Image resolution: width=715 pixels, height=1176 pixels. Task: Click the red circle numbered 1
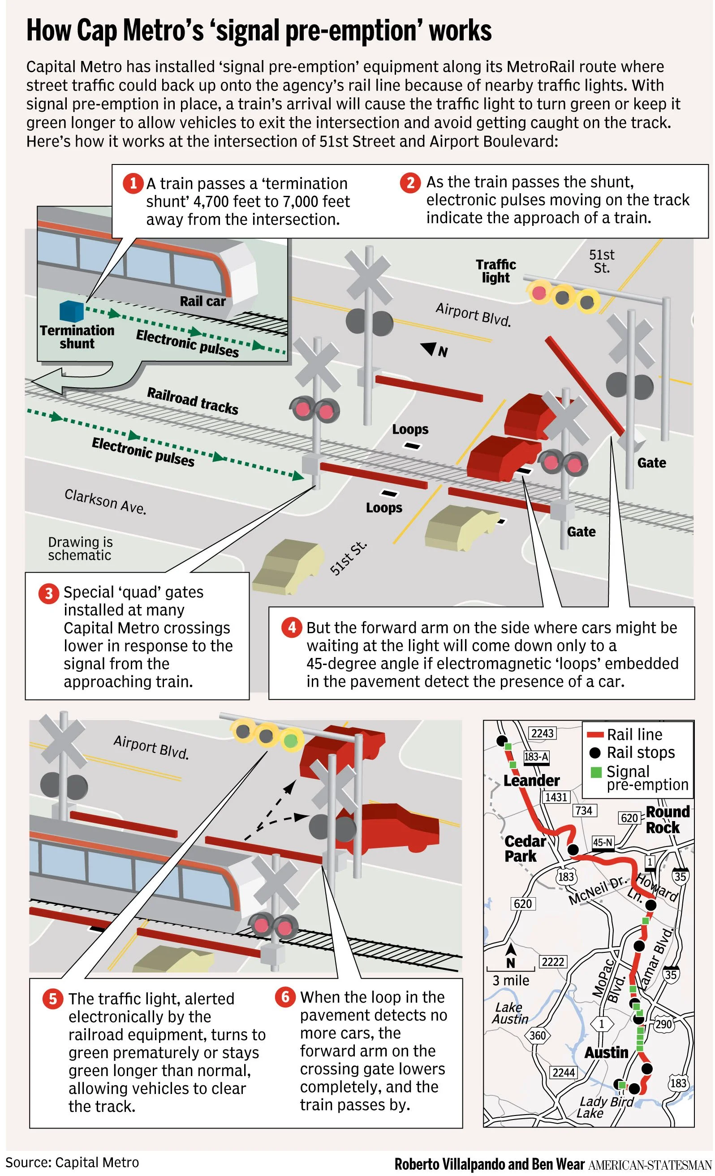pos(133,183)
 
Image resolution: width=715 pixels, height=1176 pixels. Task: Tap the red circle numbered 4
pos(292,627)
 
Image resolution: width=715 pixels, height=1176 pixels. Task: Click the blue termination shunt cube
pos(72,311)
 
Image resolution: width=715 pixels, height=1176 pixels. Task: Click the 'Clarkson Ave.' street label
pos(105,502)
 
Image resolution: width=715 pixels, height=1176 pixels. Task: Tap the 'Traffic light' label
pos(495,271)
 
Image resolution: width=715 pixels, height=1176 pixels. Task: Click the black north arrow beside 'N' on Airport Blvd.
pos(429,349)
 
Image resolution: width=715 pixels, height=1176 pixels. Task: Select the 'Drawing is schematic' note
pos(80,549)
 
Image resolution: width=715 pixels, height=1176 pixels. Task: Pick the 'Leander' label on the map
pos(531,780)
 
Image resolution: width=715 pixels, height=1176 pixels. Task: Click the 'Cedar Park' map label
pos(525,848)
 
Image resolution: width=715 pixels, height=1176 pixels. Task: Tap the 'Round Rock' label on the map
pos(667,819)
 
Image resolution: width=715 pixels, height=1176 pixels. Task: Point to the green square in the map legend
pos(596,772)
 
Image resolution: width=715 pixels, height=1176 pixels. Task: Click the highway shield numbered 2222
pos(553,962)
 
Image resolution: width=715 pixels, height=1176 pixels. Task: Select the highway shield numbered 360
pos(538,1035)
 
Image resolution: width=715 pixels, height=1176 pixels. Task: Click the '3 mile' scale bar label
pos(510,980)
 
